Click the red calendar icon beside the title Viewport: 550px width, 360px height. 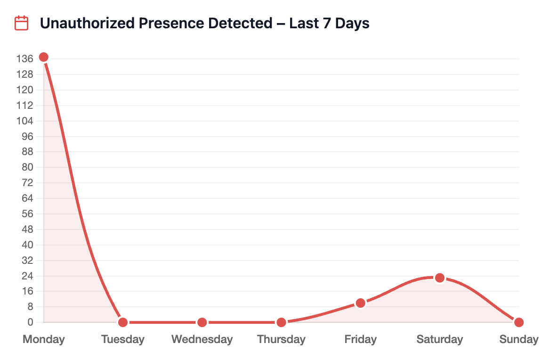click(x=22, y=23)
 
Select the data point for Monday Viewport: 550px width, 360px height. click(x=44, y=57)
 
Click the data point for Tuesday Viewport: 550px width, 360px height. click(x=123, y=322)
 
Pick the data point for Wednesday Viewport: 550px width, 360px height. click(x=202, y=322)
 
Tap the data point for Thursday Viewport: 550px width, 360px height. click(x=281, y=322)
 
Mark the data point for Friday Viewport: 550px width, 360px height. click(x=360, y=303)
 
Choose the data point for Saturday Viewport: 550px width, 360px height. click(x=439, y=278)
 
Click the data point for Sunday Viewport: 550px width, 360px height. click(x=518, y=322)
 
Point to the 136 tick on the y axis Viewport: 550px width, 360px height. click(x=24, y=59)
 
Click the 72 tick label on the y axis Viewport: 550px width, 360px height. click(x=27, y=183)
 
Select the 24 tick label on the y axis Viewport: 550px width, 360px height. click(x=27, y=276)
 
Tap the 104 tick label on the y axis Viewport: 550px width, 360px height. click(x=24, y=121)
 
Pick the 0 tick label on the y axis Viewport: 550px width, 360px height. click(x=30, y=322)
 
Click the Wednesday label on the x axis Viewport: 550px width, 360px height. click(x=202, y=339)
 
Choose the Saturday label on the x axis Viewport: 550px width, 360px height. click(x=439, y=339)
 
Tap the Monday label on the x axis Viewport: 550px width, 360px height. click(x=44, y=339)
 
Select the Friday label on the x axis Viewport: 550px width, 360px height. click(x=360, y=339)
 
